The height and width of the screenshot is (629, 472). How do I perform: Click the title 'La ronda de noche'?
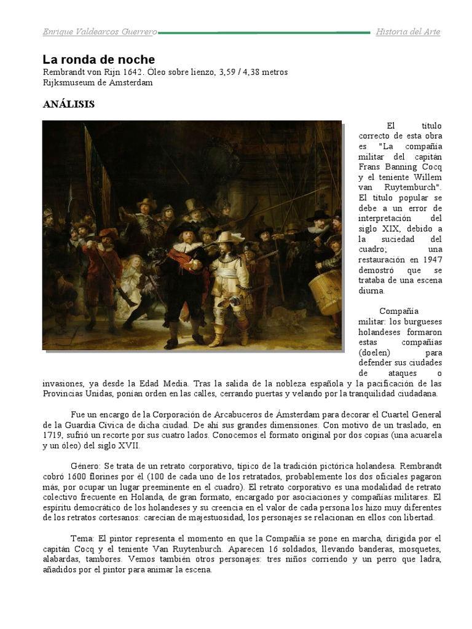98,60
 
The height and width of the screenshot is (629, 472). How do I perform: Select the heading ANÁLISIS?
68,104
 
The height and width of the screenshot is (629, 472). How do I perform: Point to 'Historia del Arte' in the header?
407,32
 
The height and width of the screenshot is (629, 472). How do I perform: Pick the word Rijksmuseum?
68,83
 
